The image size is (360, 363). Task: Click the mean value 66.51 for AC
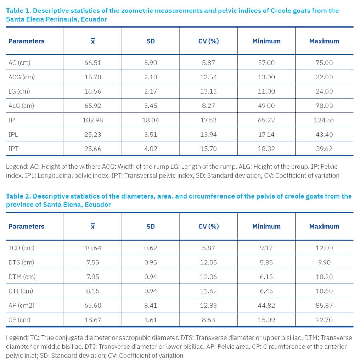[x=92, y=62]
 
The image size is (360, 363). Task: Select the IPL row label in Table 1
[x=13, y=134]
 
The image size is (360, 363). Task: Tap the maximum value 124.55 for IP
[x=324, y=120]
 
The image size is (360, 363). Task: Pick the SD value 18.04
[x=150, y=120]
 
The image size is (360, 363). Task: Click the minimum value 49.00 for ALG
[x=266, y=106]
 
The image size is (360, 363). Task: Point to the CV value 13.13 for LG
[x=208, y=91]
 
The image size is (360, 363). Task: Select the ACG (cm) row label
[x=22, y=77]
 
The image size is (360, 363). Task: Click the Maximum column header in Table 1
[x=324, y=41]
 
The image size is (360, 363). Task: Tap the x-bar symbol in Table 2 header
[x=92, y=226]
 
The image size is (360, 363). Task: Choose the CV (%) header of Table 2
[x=208, y=227]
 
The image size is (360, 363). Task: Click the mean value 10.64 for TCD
[x=92, y=248]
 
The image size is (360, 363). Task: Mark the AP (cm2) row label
[x=21, y=305]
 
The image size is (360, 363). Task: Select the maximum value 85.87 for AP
[x=324, y=305]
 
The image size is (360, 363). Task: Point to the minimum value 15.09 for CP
[x=266, y=320]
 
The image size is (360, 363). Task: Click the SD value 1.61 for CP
[x=150, y=320]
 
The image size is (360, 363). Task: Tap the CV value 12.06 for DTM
[x=208, y=277]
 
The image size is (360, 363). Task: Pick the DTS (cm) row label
[x=21, y=262]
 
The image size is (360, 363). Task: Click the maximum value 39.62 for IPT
[x=324, y=149]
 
